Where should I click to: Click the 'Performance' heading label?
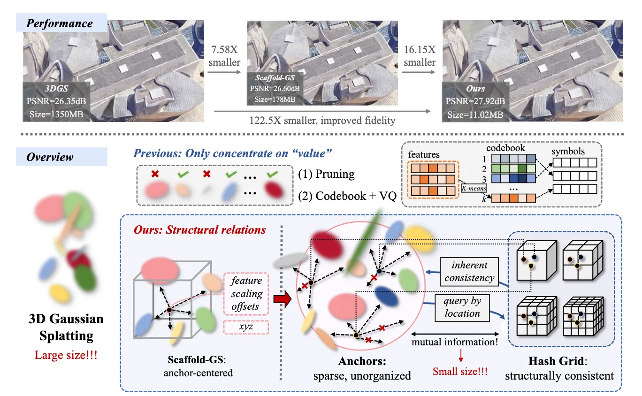click(x=59, y=23)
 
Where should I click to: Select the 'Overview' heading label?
click(x=50, y=157)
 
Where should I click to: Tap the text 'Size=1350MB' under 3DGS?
click(x=56, y=114)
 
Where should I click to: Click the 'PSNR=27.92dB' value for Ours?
click(x=475, y=101)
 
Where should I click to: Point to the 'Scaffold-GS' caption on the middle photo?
click(x=275, y=78)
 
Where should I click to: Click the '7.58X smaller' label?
click(x=224, y=56)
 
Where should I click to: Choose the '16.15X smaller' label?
click(x=420, y=56)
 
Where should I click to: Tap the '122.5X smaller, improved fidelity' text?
click(x=322, y=120)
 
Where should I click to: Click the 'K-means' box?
click(x=474, y=188)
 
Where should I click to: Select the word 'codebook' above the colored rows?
click(x=505, y=148)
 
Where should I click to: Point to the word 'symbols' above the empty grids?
click(x=568, y=151)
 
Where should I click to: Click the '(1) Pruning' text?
click(x=326, y=174)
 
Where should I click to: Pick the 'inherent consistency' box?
click(x=469, y=271)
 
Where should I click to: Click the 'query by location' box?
click(x=462, y=308)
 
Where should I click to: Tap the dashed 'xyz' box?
click(x=246, y=327)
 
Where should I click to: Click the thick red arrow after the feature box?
click(x=283, y=299)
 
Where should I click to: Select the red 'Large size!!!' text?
click(x=66, y=355)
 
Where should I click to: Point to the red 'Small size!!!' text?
click(x=460, y=371)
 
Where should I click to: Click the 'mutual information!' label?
click(x=455, y=342)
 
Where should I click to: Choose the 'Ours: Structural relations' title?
click(x=200, y=230)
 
